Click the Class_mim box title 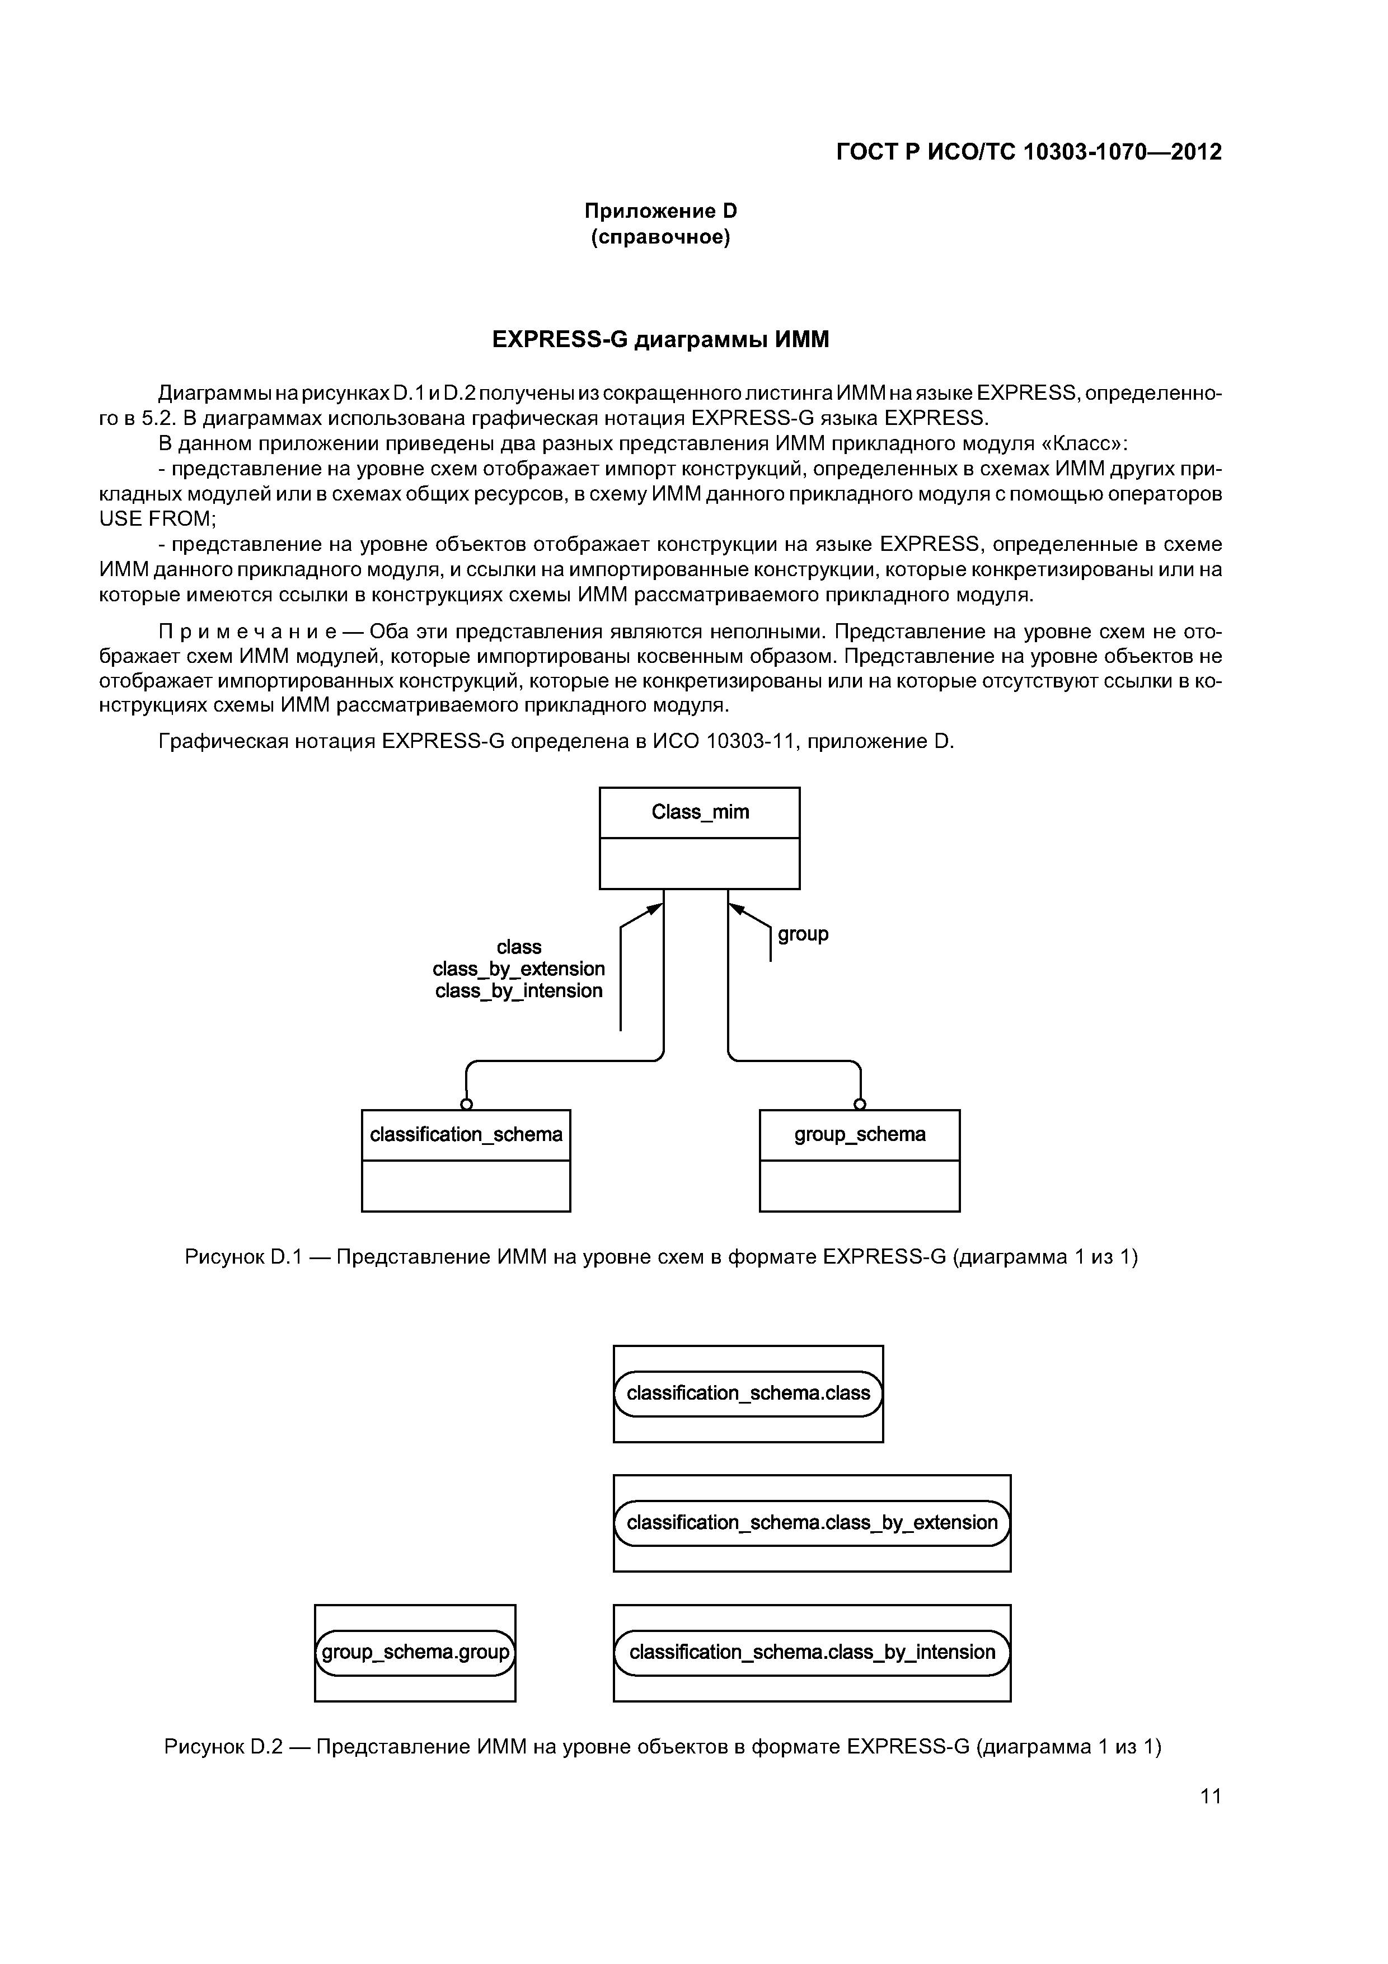coord(700,812)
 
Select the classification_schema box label coord(466,1134)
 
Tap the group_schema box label coord(860,1134)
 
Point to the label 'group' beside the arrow coord(803,934)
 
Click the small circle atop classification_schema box coord(466,1103)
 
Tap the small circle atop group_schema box coord(860,1103)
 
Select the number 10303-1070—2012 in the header coord(1122,152)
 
